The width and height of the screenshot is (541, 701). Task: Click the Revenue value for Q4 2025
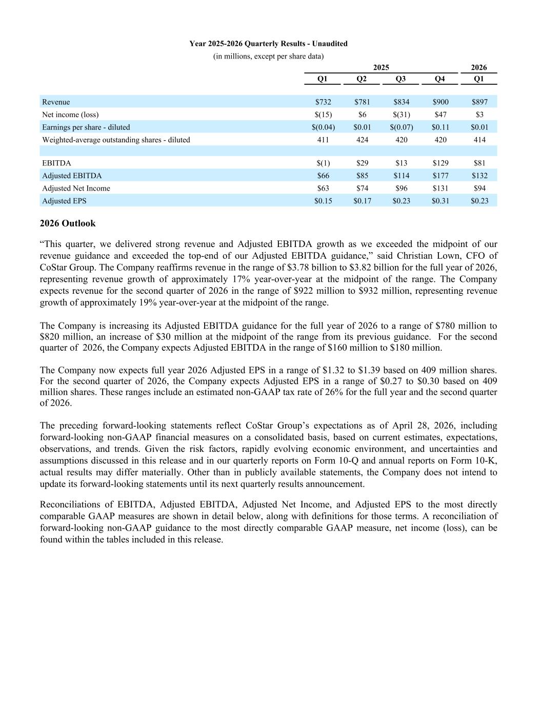click(x=440, y=102)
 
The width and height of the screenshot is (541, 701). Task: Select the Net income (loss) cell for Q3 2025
click(x=401, y=115)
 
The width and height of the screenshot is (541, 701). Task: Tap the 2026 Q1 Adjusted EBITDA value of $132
click(x=479, y=176)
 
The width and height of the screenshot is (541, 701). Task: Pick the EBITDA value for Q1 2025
click(x=323, y=163)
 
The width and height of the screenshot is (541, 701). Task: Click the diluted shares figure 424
click(x=362, y=140)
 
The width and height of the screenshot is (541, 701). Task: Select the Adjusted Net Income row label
click(x=76, y=188)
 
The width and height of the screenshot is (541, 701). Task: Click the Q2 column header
click(x=362, y=79)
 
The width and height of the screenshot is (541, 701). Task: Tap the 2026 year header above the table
click(x=479, y=67)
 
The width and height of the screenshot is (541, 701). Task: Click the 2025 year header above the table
click(x=381, y=67)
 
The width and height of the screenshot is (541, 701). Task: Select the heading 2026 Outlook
click(x=68, y=223)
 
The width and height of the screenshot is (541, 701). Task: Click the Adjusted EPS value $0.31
click(x=440, y=201)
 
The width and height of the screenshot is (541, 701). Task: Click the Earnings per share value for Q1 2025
click(x=323, y=127)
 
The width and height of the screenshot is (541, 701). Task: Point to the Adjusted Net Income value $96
click(x=401, y=188)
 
